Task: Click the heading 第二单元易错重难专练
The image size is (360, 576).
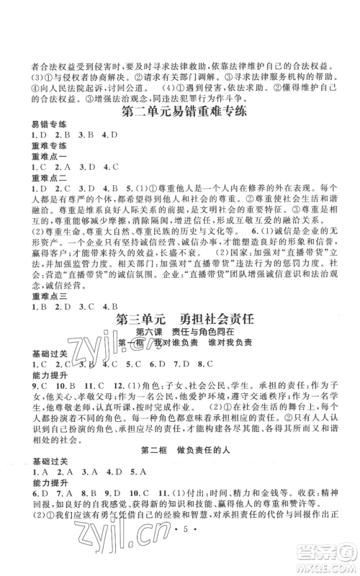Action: pos(179,112)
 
